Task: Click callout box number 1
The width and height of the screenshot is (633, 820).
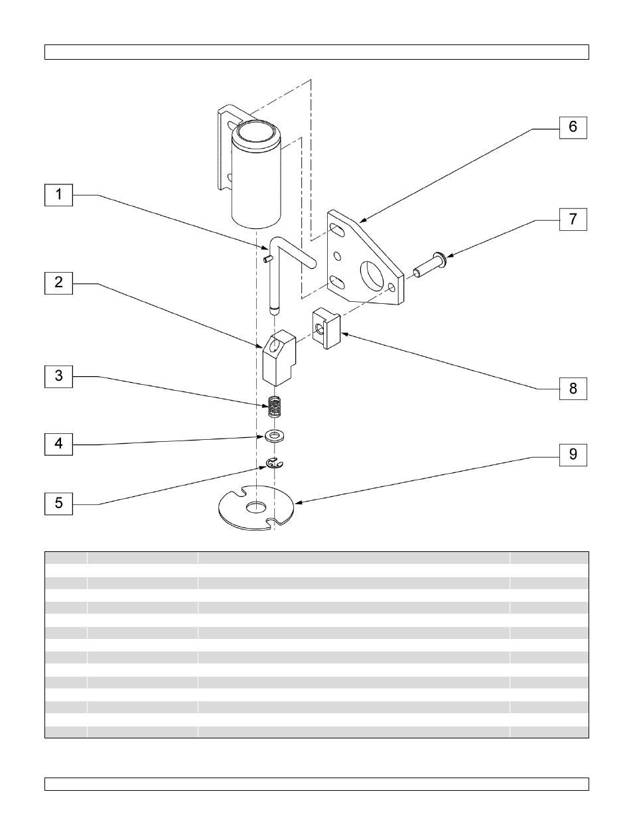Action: pos(58,195)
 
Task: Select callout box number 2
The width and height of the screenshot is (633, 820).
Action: pos(58,283)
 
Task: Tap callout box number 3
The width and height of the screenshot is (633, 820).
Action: pos(58,376)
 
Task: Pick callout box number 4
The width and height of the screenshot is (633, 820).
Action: pos(58,444)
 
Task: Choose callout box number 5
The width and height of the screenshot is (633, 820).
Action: pos(58,504)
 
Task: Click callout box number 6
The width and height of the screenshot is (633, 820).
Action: pos(573,127)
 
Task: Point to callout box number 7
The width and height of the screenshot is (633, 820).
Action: pos(573,219)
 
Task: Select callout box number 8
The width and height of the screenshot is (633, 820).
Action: pos(573,389)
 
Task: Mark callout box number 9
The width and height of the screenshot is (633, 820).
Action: pos(573,455)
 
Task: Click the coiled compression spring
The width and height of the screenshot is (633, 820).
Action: pos(275,407)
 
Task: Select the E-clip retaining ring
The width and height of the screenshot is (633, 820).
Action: pos(274,463)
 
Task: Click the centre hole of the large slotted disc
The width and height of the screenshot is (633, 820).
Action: pos(255,508)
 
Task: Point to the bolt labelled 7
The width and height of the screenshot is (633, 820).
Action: pos(429,265)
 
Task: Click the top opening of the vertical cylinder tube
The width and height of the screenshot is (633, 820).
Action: pos(256,131)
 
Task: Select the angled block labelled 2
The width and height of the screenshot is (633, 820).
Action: pos(279,358)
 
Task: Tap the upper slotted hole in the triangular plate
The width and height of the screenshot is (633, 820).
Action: pos(338,230)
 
